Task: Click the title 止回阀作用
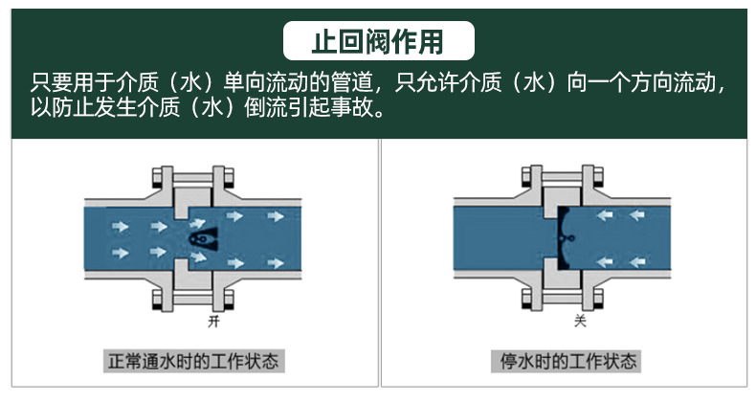tap(379, 42)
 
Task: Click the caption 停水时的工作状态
tap(568, 361)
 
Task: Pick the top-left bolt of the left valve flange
tap(156, 176)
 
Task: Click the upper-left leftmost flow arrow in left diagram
tap(120, 226)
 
